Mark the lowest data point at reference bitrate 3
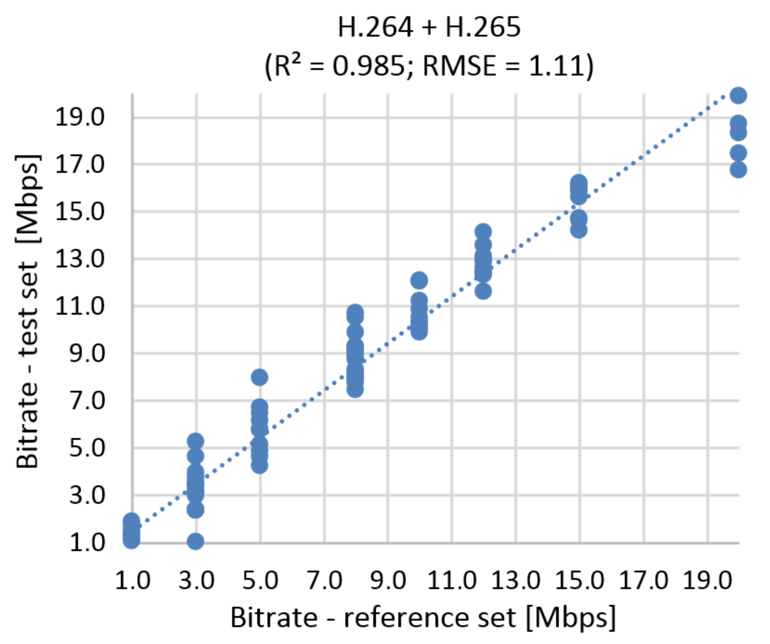pyautogui.click(x=195, y=541)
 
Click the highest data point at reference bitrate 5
pyautogui.click(x=260, y=377)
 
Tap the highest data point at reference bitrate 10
pyautogui.click(x=419, y=281)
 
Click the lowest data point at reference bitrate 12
pyautogui.click(x=483, y=291)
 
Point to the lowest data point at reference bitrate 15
pyautogui.click(x=578, y=230)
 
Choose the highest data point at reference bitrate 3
pyautogui.click(x=195, y=442)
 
